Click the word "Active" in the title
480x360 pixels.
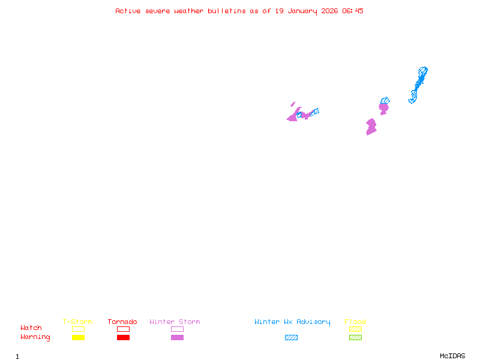point(128,11)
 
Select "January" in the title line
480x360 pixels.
point(301,11)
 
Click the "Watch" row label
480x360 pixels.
point(31,328)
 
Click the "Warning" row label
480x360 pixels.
point(35,337)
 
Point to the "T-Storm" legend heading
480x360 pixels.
point(77,322)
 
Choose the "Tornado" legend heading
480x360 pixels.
point(122,322)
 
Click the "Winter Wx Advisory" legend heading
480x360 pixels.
point(292,322)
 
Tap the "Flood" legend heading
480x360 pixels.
point(355,322)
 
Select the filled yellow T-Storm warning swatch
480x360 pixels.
point(78,338)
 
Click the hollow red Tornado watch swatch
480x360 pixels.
point(123,329)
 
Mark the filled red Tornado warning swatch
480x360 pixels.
point(123,338)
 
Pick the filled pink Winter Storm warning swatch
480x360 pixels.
point(177,338)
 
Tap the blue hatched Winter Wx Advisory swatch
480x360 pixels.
point(291,338)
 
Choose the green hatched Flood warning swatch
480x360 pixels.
point(355,338)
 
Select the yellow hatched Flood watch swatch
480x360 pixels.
point(355,329)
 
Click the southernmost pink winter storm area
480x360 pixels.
point(371,127)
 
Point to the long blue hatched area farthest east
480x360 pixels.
point(419,83)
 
